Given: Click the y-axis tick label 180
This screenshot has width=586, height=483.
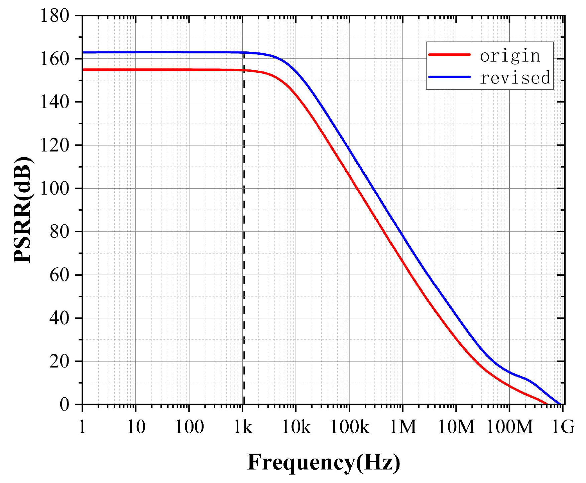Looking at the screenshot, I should click(x=54, y=15).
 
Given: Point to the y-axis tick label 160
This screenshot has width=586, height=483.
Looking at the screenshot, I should click(x=54, y=59).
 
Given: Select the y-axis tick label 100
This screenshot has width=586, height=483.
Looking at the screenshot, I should click(x=54, y=189).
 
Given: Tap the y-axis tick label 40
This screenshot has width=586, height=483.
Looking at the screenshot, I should click(x=59, y=318).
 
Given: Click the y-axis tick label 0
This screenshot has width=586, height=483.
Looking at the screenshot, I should click(x=64, y=405).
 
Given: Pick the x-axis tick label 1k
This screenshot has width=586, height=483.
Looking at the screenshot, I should click(x=243, y=427).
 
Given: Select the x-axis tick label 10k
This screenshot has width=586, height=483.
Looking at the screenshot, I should click(x=296, y=427).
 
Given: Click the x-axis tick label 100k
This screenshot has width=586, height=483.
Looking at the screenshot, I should click(x=349, y=427).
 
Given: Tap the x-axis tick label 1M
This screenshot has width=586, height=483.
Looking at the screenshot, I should click(x=403, y=427).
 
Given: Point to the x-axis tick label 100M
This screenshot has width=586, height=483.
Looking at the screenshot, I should click(x=509, y=427).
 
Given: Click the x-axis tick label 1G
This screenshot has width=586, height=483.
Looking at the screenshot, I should click(x=563, y=427).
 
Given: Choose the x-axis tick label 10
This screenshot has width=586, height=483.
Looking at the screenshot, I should click(x=136, y=427).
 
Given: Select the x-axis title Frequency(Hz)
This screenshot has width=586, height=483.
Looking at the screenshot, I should click(x=323, y=462).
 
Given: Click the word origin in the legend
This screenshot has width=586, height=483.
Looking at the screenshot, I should click(x=510, y=55).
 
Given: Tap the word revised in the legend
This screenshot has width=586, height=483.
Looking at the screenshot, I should click(x=515, y=77).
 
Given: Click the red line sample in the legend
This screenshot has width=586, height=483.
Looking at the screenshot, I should click(x=449, y=54).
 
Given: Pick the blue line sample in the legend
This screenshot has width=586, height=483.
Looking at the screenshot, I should click(x=449, y=77).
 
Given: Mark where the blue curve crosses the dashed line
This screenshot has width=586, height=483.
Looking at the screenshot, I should click(x=244, y=52).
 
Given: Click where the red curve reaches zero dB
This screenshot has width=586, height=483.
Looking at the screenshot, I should click(x=547, y=404).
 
